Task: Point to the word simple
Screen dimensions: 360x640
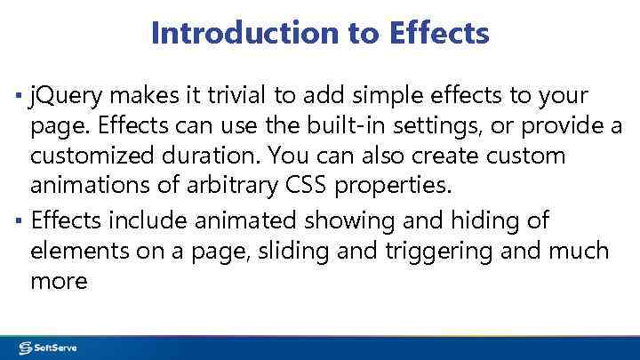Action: pos(400,95)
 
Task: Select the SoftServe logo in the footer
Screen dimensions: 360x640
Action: pos(50,348)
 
